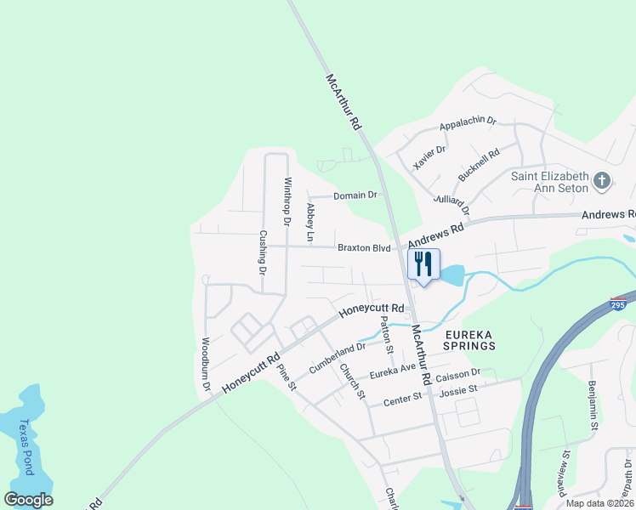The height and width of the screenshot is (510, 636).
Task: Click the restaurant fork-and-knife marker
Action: click(423, 263)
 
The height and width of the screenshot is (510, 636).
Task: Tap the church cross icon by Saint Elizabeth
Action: click(602, 180)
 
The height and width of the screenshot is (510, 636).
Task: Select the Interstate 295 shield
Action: click(619, 303)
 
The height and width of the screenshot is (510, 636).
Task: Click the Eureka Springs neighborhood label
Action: click(468, 340)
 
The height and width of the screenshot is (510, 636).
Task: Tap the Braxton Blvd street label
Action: click(364, 248)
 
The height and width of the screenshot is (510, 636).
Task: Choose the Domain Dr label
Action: click(355, 195)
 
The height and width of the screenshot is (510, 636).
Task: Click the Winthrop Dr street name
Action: click(287, 201)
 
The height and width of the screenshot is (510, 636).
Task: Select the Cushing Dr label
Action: click(263, 252)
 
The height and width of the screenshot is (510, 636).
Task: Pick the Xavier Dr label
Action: click(429, 157)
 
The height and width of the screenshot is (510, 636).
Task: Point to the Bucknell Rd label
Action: click(479, 161)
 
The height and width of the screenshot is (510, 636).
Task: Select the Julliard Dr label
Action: click(451, 205)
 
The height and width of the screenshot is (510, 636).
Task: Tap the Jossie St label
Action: click(458, 389)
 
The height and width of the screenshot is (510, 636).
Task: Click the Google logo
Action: click(28, 500)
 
